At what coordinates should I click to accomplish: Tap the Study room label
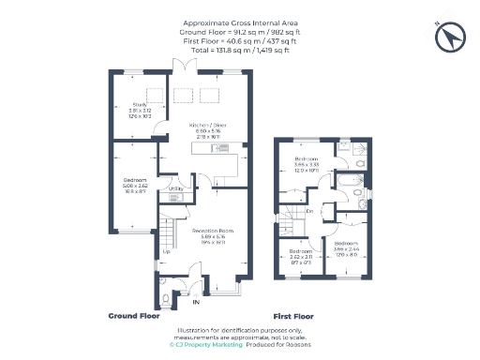(139, 105)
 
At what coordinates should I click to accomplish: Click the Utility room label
(175, 187)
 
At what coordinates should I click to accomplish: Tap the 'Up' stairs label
(167, 251)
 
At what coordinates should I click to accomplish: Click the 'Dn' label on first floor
(308, 210)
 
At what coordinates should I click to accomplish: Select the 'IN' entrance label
(196, 303)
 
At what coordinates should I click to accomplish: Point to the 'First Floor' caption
(292, 316)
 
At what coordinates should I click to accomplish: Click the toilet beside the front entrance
(166, 298)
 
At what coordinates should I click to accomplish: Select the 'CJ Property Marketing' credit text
(204, 345)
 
